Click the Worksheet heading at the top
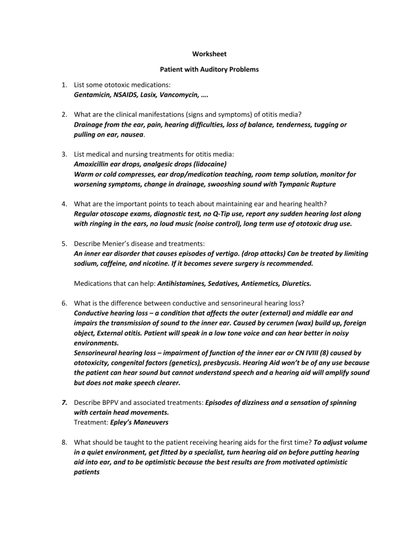tap(209, 54)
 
